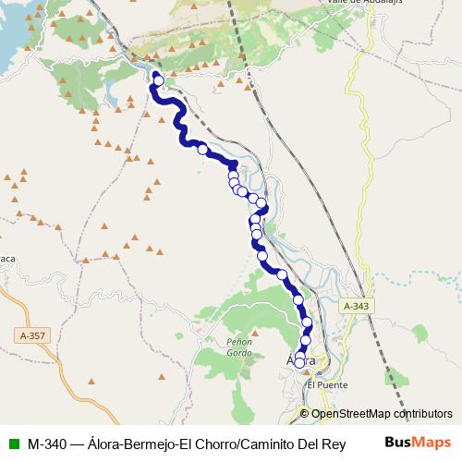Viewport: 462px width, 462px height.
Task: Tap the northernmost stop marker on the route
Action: tap(158, 80)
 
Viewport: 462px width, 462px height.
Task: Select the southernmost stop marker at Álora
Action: tap(299, 363)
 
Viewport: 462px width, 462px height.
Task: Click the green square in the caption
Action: tap(14, 443)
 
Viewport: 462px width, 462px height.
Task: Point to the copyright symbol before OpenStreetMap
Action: tap(304, 414)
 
